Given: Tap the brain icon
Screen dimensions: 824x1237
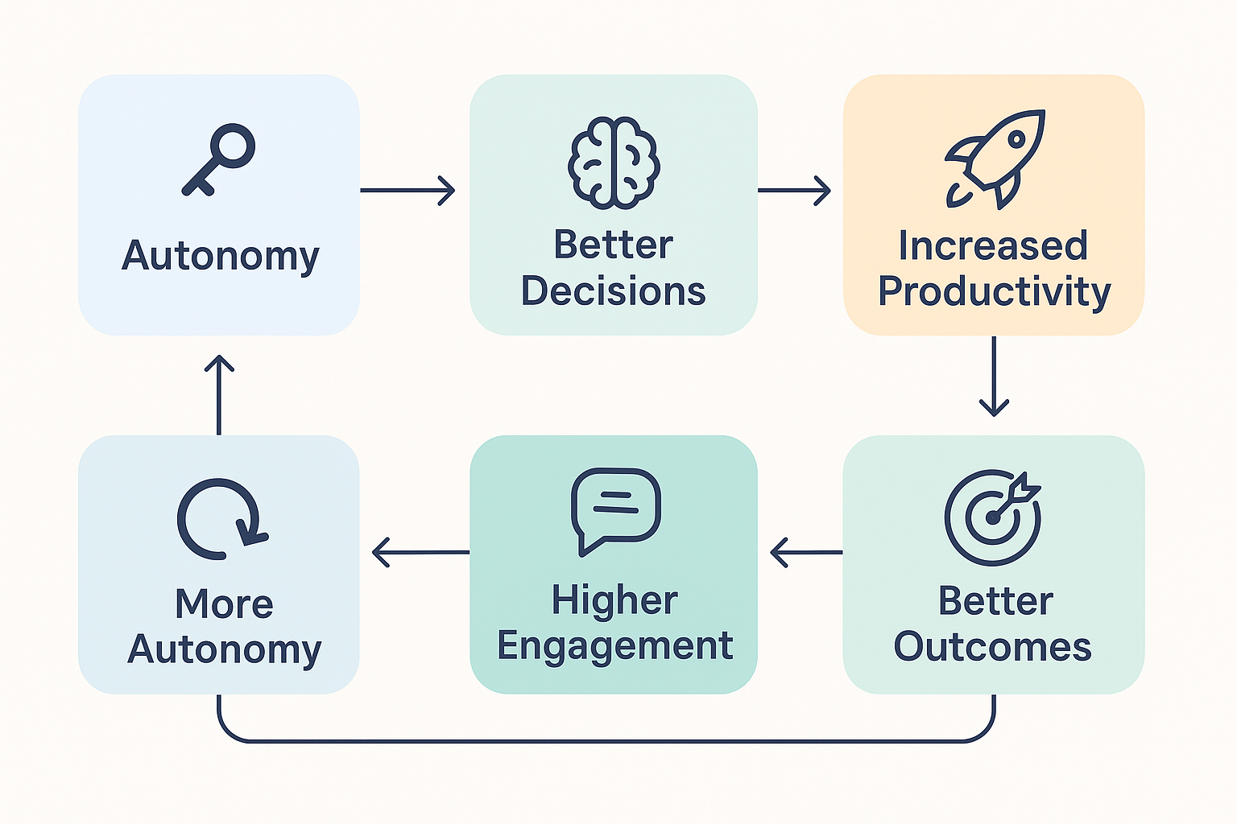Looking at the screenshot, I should tap(614, 163).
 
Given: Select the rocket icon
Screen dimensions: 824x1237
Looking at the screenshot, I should tap(995, 159).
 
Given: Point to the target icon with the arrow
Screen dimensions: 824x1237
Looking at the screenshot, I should tap(993, 518).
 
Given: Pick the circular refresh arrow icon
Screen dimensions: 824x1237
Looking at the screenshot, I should tap(220, 519).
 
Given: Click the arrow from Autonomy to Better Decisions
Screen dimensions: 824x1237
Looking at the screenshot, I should tap(408, 191).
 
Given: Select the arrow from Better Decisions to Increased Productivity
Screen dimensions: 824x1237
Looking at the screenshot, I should tap(794, 191).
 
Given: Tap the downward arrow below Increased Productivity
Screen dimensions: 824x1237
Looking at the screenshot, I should tap(994, 376).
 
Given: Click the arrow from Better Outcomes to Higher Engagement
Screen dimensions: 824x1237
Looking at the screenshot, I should tap(806, 553).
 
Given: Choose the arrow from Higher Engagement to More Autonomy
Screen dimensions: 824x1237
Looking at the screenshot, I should tap(420, 553).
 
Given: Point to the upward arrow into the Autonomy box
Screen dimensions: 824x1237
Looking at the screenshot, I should tap(219, 394).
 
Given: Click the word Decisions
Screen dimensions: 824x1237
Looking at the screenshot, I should tap(613, 290).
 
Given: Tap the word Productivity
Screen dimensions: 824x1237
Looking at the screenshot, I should tap(994, 291).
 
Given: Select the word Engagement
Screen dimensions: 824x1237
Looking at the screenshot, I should tap(614, 646).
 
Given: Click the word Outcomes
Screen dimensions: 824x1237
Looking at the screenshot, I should tap(992, 646).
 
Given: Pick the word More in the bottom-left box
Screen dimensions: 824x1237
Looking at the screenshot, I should tap(224, 604).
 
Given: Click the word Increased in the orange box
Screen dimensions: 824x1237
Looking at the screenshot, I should tap(993, 245).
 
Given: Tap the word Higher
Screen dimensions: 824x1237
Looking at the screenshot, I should tap(614, 601).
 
